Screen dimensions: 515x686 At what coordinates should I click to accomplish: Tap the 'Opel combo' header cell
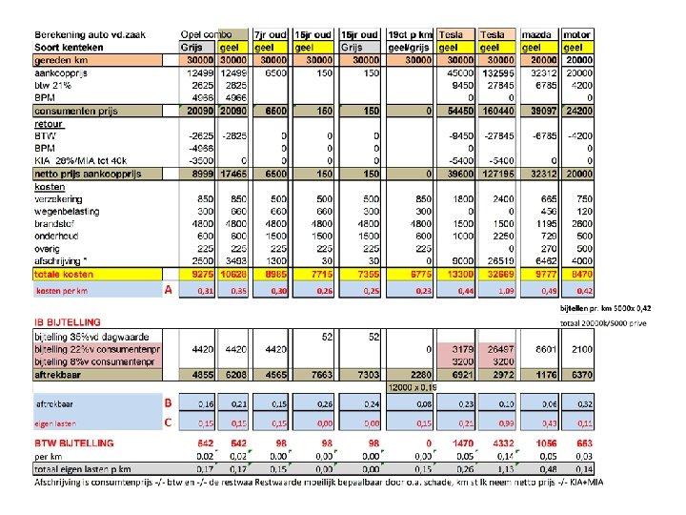(x=208, y=33)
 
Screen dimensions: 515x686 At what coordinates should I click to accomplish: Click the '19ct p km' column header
(x=410, y=33)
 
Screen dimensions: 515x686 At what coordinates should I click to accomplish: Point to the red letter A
(x=168, y=290)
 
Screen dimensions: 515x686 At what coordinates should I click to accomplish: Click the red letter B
(x=168, y=403)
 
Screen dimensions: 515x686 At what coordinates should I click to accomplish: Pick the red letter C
(x=168, y=422)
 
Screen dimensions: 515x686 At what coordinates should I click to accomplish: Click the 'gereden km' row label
(x=61, y=59)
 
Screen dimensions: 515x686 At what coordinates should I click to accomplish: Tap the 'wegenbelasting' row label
(x=67, y=210)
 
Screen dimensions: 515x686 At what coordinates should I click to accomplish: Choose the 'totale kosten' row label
(x=66, y=274)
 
